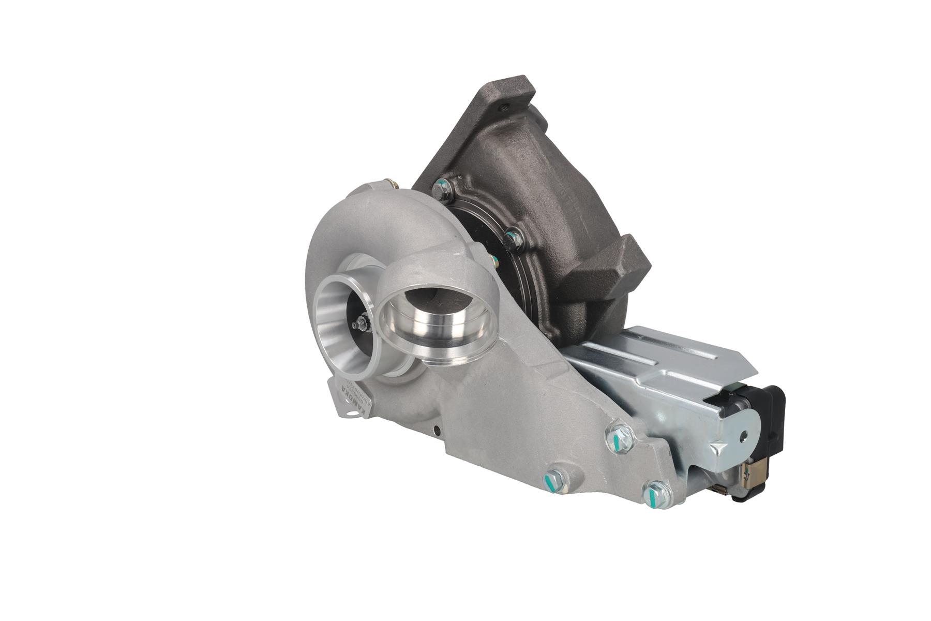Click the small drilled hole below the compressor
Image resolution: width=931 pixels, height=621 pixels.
tap(437, 428)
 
